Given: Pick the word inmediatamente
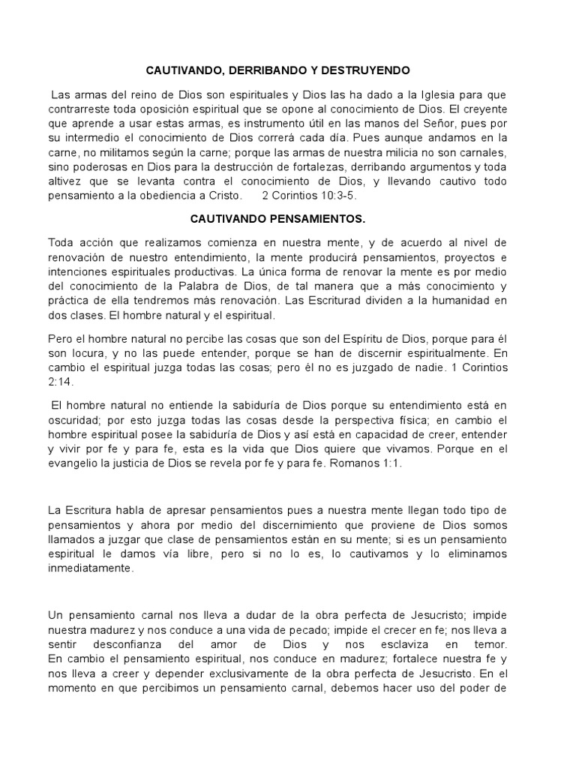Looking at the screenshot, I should coord(91,568).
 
